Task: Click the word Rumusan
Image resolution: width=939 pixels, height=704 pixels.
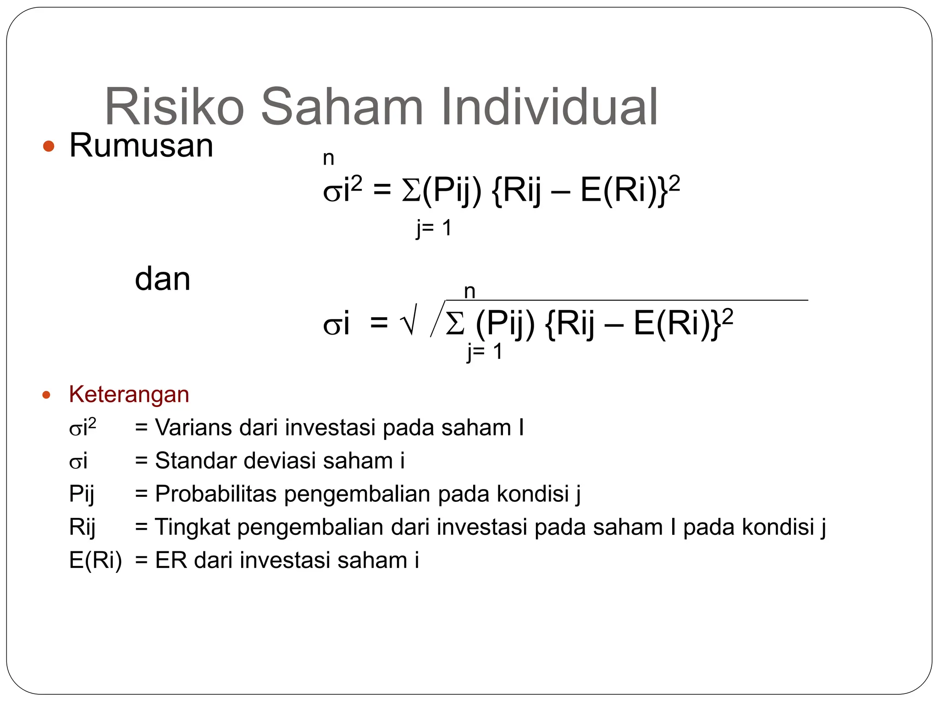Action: click(x=141, y=145)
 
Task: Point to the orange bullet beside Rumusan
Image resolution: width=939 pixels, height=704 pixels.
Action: click(x=49, y=147)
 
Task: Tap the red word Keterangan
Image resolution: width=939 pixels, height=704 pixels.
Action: click(x=129, y=394)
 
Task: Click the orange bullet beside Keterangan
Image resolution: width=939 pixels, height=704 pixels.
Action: click(x=46, y=395)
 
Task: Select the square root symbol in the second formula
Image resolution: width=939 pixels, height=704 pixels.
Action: click(x=408, y=320)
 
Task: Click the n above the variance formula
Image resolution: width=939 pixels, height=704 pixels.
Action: click(x=328, y=159)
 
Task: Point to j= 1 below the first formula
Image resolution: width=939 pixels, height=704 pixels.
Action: click(x=434, y=228)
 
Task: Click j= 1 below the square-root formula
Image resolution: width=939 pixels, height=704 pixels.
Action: click(x=485, y=352)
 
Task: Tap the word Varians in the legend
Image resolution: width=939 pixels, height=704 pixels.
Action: click(x=193, y=428)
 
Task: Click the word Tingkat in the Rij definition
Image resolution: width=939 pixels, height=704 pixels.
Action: click(x=192, y=527)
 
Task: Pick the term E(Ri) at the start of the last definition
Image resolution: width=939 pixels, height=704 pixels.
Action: click(x=95, y=560)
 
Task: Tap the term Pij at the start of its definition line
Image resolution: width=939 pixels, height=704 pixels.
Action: click(x=82, y=494)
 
